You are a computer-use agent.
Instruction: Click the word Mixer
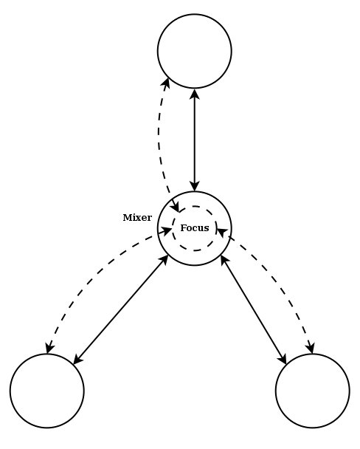coord(137,218)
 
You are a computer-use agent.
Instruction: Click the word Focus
coord(195,228)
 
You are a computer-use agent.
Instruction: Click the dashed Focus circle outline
coord(173,228)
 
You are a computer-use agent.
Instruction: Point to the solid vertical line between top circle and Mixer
coord(195,140)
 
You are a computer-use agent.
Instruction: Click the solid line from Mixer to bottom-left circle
coord(121,310)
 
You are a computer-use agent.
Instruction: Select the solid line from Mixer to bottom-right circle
coord(254,310)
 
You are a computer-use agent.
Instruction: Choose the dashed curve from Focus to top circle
coord(159,143)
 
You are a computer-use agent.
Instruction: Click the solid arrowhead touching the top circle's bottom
coord(195,94)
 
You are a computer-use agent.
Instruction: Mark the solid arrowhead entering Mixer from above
coord(195,186)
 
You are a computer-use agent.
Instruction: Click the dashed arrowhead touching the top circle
coord(166,83)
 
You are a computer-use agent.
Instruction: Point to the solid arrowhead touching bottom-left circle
coord(78,360)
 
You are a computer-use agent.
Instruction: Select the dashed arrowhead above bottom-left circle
coord(49,349)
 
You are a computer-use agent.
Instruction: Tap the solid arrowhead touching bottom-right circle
coord(283,359)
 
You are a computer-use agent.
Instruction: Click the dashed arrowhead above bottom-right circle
coord(311,349)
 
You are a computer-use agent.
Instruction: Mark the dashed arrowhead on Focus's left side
coord(167,230)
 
